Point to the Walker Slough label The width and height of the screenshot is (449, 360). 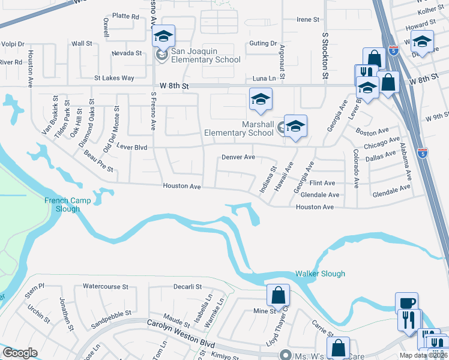(x=320, y=274)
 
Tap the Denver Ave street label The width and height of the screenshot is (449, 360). (x=238, y=157)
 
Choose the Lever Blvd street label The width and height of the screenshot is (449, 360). (x=131, y=146)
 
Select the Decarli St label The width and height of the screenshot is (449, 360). (x=188, y=287)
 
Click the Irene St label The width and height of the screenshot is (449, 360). (x=307, y=20)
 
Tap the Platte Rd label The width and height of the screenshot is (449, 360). (x=125, y=16)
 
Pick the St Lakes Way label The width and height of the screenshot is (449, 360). (x=114, y=78)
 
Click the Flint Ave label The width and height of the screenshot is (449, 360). (x=322, y=183)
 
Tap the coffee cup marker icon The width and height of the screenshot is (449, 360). (x=406, y=302)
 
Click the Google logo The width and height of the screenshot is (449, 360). (x=20, y=353)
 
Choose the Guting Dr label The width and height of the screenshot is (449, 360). (x=263, y=43)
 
